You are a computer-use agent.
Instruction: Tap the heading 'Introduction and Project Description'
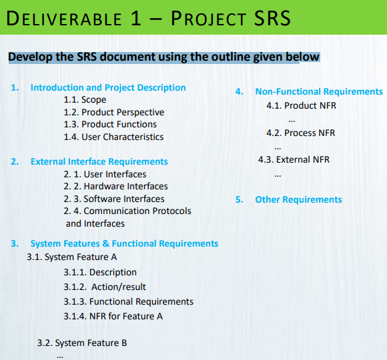tap(108, 87)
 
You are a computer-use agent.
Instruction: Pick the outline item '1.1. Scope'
tap(85, 100)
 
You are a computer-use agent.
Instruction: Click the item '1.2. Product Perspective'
tap(113, 112)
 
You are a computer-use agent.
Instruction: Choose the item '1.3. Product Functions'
tap(110, 124)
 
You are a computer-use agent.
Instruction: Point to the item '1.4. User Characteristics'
tap(113, 137)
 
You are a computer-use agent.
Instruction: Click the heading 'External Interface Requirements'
tap(99, 161)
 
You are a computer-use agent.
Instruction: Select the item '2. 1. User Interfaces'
tap(105, 174)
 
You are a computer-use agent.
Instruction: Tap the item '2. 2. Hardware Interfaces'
tap(115, 186)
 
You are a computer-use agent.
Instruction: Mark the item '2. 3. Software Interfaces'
tap(114, 199)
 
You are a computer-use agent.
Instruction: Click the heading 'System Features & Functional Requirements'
tap(124, 243)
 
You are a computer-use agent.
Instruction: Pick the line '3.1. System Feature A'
tap(72, 256)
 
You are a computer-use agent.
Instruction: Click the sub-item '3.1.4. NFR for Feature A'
tap(113, 316)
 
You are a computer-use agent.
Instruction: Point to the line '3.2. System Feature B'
tap(82, 343)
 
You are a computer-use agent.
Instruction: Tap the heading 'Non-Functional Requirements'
tap(319, 91)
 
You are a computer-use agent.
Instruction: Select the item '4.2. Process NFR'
tap(300, 133)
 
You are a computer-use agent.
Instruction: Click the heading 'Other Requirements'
tap(298, 199)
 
